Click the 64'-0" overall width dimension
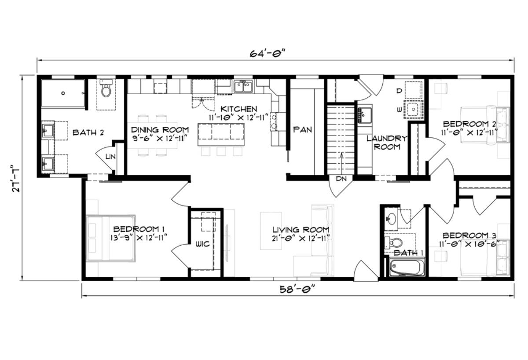click(x=268, y=54)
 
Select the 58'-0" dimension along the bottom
click(x=298, y=289)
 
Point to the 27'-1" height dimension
click(x=16, y=177)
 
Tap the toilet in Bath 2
click(x=106, y=89)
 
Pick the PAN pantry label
click(x=303, y=129)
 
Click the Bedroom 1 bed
click(x=110, y=238)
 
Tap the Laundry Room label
click(x=386, y=143)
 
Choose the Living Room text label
click(x=301, y=230)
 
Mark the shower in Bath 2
click(x=62, y=93)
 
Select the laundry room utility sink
click(x=365, y=115)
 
